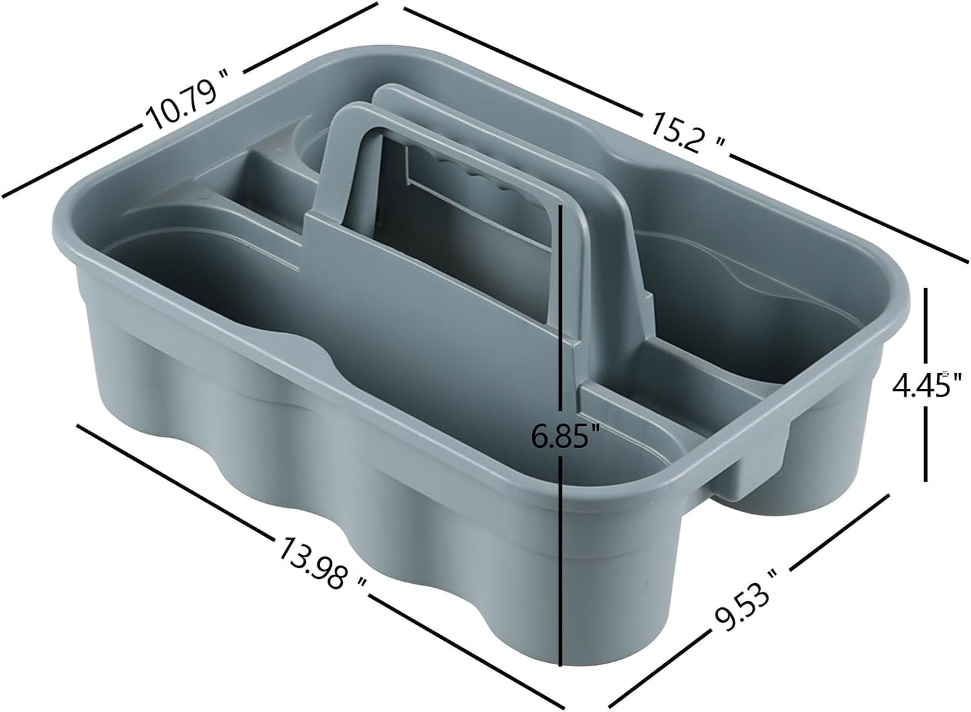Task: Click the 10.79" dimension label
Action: [183, 105]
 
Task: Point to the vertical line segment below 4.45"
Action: [927, 447]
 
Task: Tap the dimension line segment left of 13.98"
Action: [175, 478]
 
